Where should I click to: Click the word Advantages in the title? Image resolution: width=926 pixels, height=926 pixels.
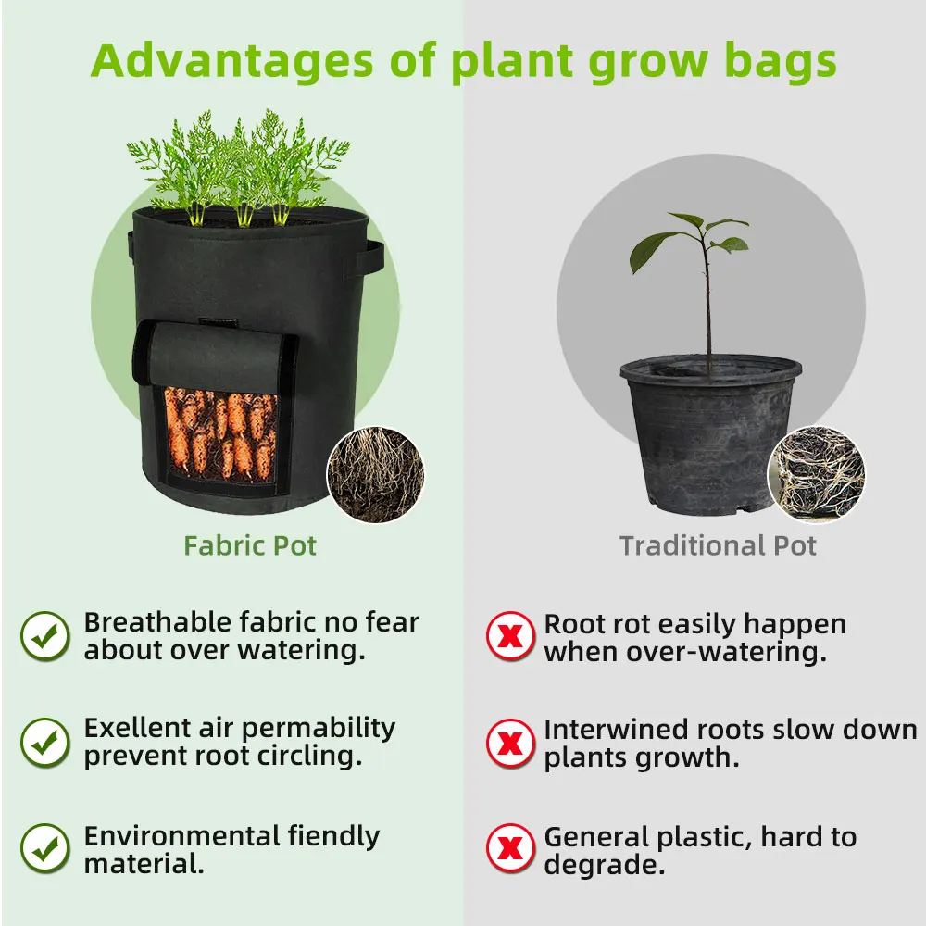232,61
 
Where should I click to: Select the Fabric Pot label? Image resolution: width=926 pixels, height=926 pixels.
250,545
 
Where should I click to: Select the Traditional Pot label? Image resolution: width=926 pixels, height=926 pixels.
718,545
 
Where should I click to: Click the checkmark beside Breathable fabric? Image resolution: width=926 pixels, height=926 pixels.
45,636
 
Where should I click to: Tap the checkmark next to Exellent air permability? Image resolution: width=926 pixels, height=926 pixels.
45,743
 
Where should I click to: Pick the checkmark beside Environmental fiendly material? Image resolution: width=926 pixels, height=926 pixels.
45,848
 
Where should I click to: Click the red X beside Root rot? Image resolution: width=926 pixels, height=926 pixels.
510,636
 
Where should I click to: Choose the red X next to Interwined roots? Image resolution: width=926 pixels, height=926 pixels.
510,743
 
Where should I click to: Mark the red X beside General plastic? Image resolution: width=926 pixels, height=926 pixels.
510,848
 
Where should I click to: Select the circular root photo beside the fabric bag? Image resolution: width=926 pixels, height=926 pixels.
376,475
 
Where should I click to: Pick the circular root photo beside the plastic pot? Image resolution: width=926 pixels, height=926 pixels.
816,475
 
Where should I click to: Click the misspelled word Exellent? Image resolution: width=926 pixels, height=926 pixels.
137,728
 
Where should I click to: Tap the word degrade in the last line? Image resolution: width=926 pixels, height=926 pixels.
604,866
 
